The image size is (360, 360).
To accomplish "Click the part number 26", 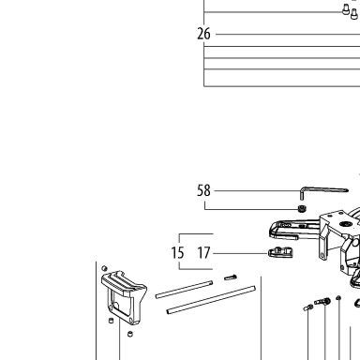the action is [203, 34].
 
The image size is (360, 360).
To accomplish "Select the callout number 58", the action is [203, 190].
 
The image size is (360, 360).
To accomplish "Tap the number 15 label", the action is [177, 252].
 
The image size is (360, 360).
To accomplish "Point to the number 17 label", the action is [203, 252].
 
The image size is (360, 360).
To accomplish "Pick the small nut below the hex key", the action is [302, 208].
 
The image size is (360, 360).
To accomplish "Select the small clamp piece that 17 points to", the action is [280, 252].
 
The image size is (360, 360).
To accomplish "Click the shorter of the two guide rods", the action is [184, 290].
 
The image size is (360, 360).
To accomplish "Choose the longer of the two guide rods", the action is [211, 300].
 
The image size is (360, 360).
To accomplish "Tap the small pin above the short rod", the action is [231, 277].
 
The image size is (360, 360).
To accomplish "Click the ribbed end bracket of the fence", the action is [124, 297].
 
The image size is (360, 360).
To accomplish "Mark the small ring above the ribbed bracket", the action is [105, 268].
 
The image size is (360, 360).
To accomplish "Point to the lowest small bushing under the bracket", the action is [130, 334].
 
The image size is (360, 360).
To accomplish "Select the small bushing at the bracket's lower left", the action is [111, 321].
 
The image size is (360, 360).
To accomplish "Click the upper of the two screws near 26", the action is [346, 9].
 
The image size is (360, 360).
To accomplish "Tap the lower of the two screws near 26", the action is [353, 14].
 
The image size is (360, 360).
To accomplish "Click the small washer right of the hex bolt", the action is [338, 298].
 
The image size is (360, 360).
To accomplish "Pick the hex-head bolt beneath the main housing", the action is [322, 302].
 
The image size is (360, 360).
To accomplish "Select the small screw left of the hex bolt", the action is [307, 307].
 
